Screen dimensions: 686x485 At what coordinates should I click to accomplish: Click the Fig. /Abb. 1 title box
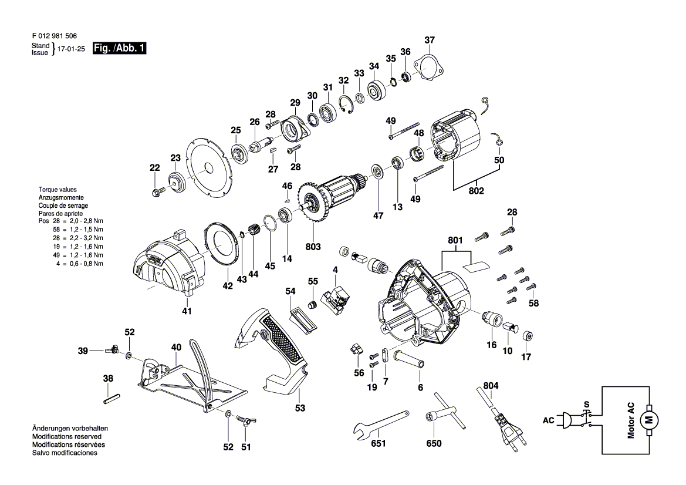(120, 48)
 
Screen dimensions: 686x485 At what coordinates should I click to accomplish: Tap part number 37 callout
(430, 40)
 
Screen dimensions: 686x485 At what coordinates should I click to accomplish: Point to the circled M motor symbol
(649, 420)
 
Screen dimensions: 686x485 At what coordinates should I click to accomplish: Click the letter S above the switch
(587, 405)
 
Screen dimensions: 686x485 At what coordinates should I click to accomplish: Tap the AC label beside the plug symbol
(548, 420)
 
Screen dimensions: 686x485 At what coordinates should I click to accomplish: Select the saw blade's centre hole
(208, 167)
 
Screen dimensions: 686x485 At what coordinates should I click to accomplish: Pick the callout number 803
(313, 247)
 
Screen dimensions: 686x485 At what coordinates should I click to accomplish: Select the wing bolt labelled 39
(112, 350)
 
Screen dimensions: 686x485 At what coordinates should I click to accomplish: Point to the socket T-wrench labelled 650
(445, 412)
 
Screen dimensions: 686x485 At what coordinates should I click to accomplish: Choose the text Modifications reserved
(66, 436)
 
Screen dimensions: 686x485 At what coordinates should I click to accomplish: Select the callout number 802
(476, 191)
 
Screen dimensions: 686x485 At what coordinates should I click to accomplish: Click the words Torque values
(58, 190)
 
